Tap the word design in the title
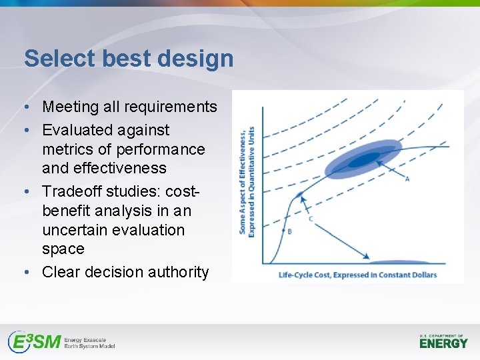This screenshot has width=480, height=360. [x=198, y=59]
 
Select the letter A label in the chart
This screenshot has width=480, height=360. [x=407, y=179]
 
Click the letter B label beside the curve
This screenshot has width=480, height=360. [x=289, y=231]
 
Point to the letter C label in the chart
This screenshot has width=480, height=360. [x=311, y=218]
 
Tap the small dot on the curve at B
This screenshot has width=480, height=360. [x=283, y=230]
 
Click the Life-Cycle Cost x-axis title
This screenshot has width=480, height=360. [x=357, y=275]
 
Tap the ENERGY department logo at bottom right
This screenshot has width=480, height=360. [x=443, y=343]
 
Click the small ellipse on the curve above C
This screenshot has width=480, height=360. [x=299, y=195]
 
